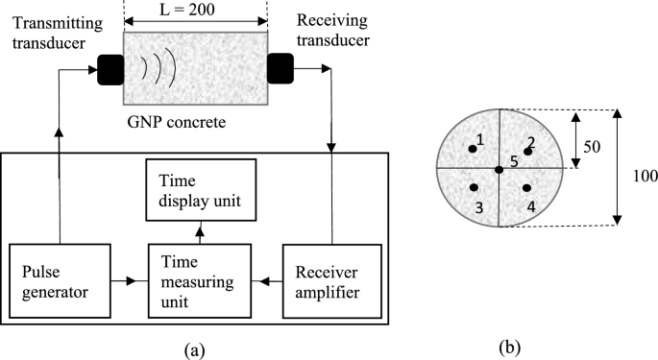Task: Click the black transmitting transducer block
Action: [x=110, y=69]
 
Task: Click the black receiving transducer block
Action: [x=280, y=69]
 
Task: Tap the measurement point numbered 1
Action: [x=473, y=148]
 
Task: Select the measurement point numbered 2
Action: [x=527, y=152]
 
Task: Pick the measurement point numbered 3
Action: [x=473, y=188]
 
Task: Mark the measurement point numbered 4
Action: [x=527, y=188]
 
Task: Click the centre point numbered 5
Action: [x=499, y=170]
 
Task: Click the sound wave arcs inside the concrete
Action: [x=154, y=69]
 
